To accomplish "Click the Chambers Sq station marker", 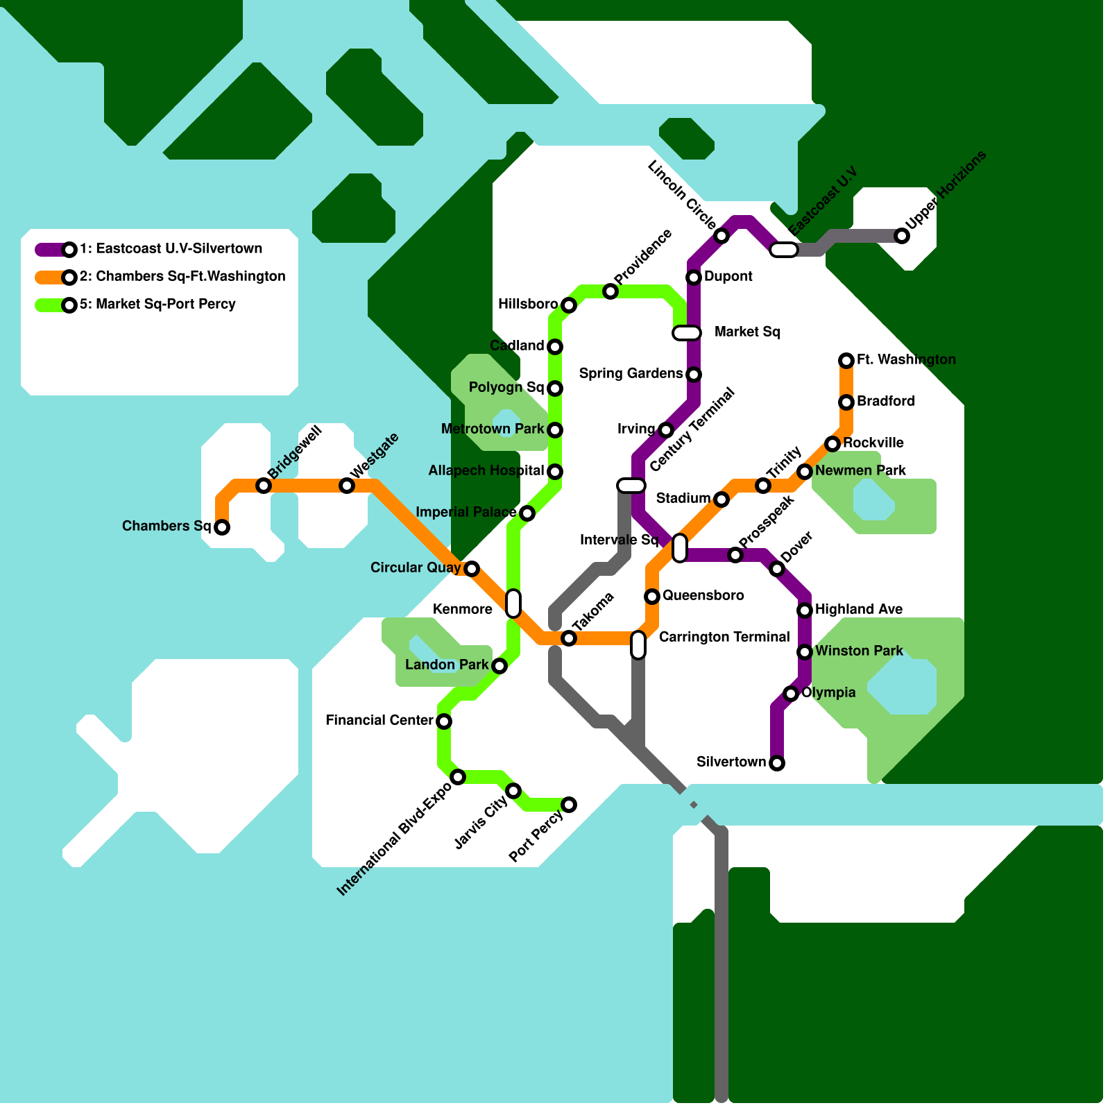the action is point(222,527).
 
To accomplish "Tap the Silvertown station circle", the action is point(777,763).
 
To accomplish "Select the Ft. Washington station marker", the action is point(846,360).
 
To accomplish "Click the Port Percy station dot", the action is point(569,805).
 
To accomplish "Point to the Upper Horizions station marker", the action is point(902,236).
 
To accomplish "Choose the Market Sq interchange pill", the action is point(687,333).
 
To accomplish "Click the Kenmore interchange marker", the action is point(513,604).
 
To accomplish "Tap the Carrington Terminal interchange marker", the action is point(638,645).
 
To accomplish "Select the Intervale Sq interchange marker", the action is point(680,548).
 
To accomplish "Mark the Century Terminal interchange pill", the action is point(631,486).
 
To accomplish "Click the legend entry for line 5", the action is point(157,305).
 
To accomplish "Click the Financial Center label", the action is point(379,721).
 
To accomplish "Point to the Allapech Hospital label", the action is point(486,471).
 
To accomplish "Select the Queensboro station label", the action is point(703,596).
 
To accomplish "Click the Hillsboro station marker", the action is point(569,305).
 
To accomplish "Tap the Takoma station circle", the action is point(569,638).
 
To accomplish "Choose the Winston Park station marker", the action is point(805,652).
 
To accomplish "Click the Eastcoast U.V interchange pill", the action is point(784,250).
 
